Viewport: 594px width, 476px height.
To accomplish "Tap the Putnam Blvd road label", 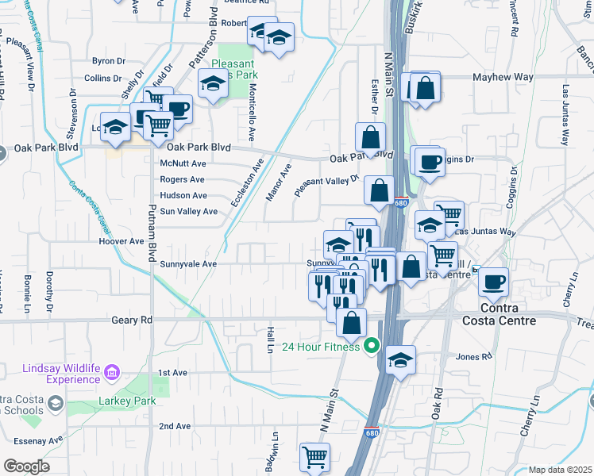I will [x=151, y=231].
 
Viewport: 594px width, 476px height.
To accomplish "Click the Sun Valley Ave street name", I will [x=188, y=212].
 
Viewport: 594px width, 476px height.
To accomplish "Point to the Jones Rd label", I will [x=475, y=357].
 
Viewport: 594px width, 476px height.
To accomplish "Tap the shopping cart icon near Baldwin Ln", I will [x=315, y=457].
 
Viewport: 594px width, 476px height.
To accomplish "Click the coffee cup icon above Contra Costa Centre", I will [x=493, y=281].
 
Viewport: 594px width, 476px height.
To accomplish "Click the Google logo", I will [x=26, y=466].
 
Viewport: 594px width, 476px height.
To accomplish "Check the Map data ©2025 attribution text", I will [x=559, y=470].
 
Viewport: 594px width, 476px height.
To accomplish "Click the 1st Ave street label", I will [x=172, y=372].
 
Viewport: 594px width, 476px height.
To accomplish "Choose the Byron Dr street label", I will [x=109, y=60].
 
